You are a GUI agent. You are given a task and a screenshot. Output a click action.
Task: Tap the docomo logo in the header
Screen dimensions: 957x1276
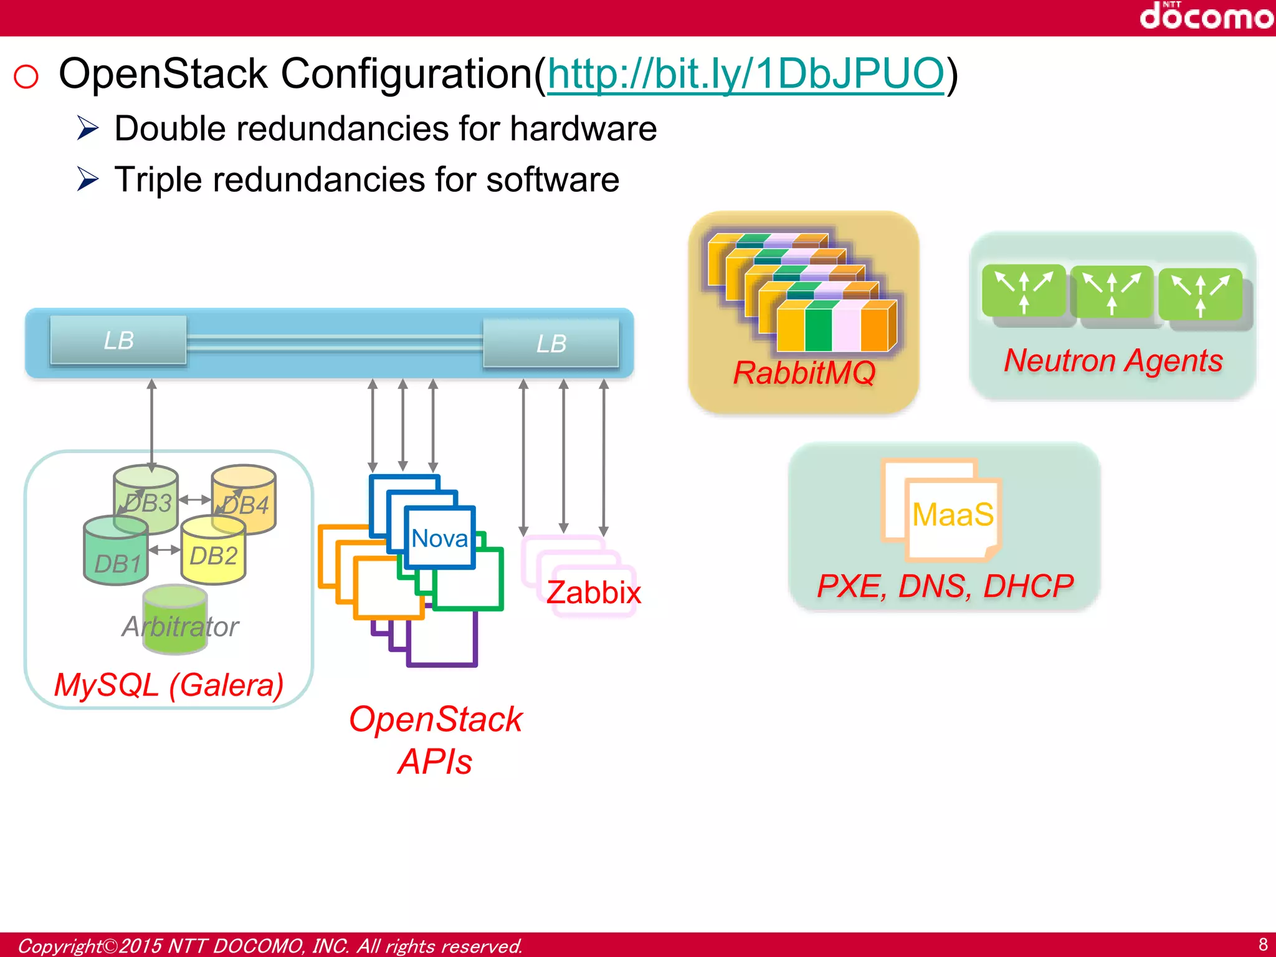point(1206,16)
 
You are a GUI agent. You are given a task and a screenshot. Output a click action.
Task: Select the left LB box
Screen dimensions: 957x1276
point(118,340)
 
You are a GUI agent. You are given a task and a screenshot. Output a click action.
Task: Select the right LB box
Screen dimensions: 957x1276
point(551,343)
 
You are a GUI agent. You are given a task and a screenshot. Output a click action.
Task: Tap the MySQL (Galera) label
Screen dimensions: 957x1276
point(168,685)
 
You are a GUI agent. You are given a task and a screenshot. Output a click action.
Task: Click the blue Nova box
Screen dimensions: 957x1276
point(440,538)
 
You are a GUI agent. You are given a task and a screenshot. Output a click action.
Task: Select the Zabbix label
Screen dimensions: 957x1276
point(594,592)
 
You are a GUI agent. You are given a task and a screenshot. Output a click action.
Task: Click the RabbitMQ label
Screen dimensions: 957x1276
point(804,373)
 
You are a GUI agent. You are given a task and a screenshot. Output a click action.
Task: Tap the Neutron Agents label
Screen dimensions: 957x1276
point(1113,361)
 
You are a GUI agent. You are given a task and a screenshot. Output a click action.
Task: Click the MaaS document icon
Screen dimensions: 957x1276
point(952,515)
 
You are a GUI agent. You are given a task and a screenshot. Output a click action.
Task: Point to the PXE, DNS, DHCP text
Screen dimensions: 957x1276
point(945,586)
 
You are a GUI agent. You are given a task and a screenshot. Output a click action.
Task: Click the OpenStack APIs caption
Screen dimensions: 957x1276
point(436,740)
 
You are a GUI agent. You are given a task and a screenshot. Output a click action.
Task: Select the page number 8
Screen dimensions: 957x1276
point(1262,944)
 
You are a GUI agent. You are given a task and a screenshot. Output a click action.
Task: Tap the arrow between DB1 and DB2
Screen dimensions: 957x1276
point(164,550)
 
